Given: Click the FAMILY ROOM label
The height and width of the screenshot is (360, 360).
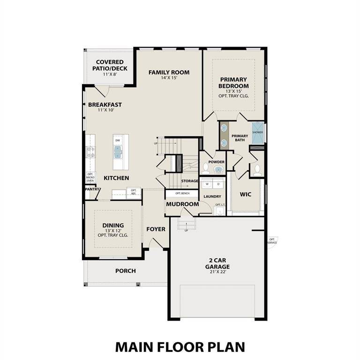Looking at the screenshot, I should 169,72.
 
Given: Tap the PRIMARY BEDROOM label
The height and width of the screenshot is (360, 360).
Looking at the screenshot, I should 233,83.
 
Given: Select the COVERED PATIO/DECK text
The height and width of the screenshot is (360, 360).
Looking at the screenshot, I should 110,65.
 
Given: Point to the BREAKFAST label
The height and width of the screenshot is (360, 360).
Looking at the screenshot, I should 105,105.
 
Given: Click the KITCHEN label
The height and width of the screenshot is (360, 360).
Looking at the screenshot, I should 116,178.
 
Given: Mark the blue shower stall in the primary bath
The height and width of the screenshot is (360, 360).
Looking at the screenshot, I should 258,132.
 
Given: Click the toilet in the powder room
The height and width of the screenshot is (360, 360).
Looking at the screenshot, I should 206,168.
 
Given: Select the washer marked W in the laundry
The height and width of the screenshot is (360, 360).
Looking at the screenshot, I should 207,184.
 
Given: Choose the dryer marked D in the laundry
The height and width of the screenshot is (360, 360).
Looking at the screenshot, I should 218,184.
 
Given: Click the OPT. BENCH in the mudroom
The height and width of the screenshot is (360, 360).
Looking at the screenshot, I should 182,193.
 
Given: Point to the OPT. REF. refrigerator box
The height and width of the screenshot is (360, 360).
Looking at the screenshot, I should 133,192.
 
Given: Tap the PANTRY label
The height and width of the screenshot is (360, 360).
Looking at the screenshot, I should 92,189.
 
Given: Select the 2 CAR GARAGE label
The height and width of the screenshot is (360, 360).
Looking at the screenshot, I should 217,263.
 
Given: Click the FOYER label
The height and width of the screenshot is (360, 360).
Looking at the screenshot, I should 156,229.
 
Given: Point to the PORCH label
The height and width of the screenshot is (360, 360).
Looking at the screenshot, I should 125,271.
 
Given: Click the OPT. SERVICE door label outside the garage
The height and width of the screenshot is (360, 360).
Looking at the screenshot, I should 272,241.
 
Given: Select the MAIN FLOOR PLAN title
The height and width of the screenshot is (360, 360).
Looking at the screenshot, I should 180,346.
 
